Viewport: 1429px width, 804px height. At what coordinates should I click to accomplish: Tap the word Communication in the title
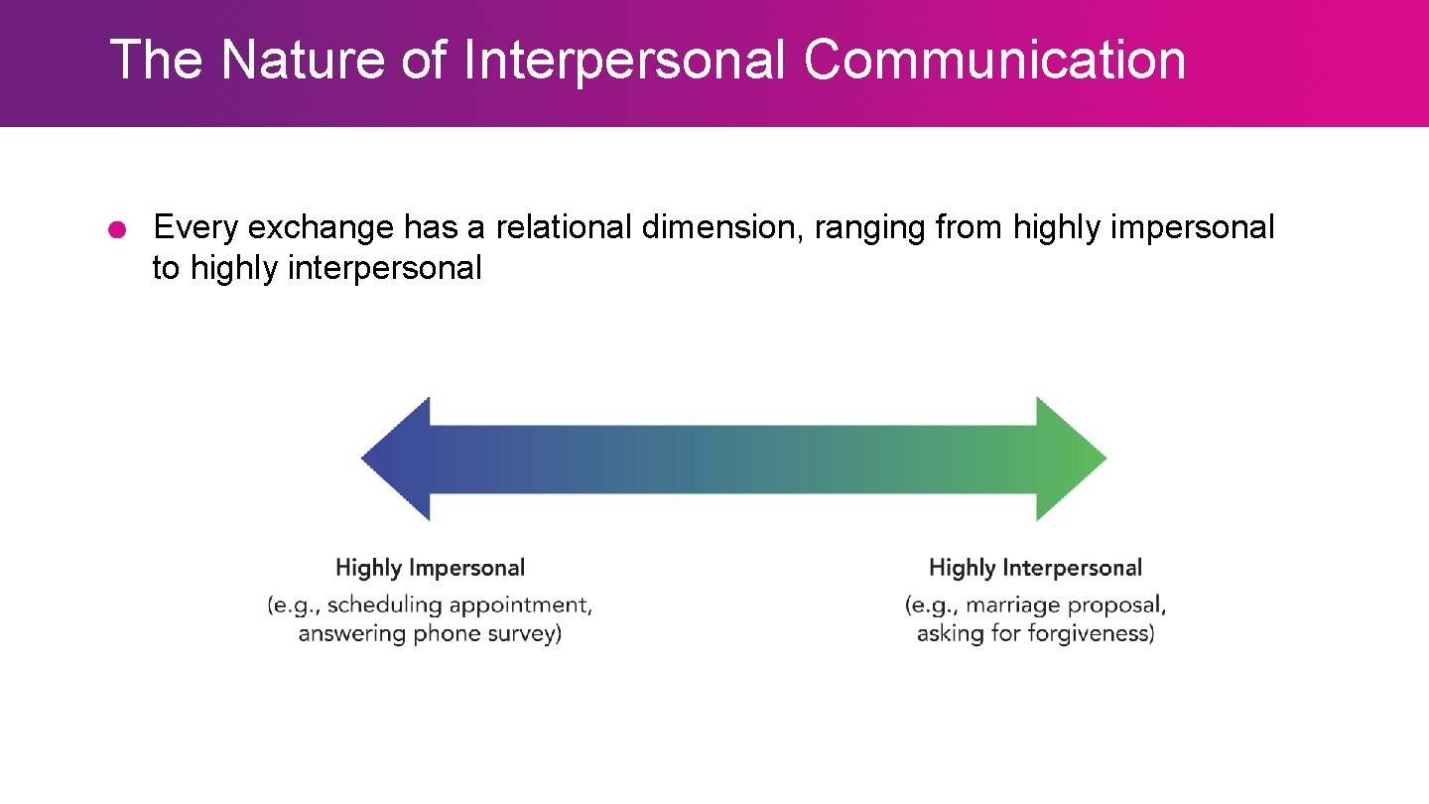994,60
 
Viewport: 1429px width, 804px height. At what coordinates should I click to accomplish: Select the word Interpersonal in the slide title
624,60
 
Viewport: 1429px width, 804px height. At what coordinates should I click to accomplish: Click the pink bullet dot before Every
117,230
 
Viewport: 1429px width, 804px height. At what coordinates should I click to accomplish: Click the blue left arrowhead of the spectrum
397,459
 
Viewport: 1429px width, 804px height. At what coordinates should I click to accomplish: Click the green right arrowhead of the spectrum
1070,459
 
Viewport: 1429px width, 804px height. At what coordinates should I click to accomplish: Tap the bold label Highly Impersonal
430,569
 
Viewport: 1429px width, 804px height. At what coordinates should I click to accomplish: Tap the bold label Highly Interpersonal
1035,569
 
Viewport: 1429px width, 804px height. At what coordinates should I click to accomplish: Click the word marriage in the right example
1007,604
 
